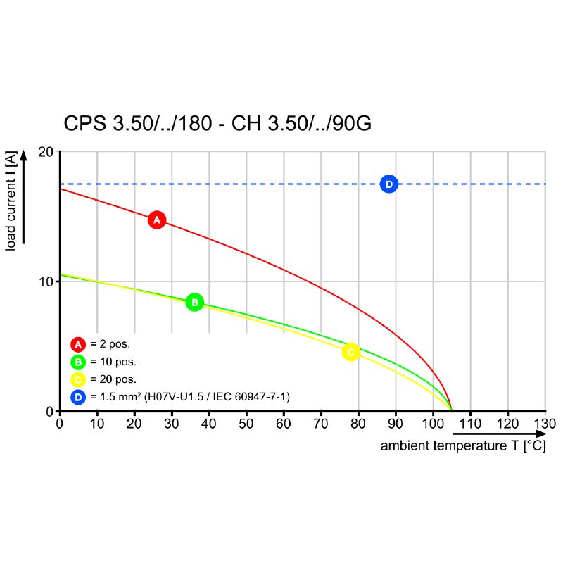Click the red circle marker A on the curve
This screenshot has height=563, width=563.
click(x=157, y=220)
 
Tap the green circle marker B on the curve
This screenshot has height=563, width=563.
click(x=194, y=303)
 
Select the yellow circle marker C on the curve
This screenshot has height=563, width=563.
click(x=350, y=352)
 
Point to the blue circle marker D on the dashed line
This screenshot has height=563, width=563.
click(x=388, y=184)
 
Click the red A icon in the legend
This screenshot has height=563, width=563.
click(x=78, y=345)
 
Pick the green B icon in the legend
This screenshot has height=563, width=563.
click(x=78, y=362)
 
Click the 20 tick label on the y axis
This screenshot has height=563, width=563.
click(x=46, y=152)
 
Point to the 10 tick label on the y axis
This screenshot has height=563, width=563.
click(x=46, y=281)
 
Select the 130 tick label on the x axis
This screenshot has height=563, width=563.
click(x=545, y=424)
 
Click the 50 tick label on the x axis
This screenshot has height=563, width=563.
click(x=246, y=424)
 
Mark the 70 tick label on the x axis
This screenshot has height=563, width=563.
click(x=321, y=424)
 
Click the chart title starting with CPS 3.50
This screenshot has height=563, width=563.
click(x=217, y=124)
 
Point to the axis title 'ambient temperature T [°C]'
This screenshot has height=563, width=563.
click(x=463, y=446)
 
